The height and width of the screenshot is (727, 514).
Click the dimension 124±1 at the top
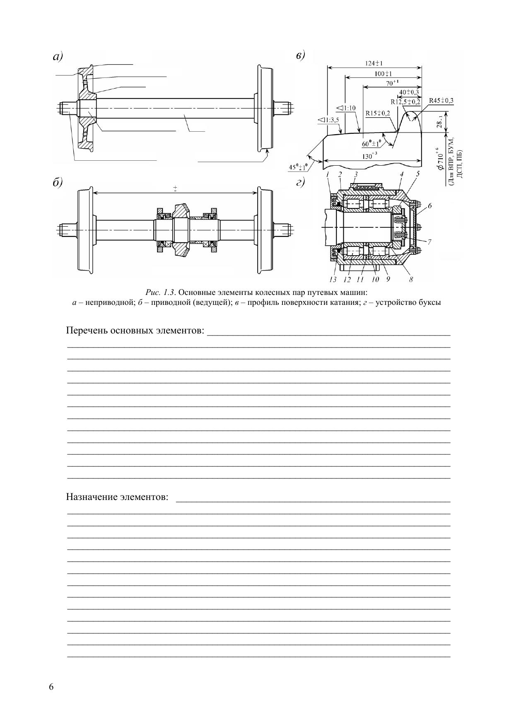(x=374, y=63)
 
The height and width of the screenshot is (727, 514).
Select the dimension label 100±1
(x=383, y=74)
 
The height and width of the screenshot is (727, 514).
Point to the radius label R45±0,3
(x=441, y=101)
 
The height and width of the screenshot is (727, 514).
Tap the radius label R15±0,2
(x=378, y=113)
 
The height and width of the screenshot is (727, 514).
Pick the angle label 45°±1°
(x=298, y=167)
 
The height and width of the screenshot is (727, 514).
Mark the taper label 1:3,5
(x=328, y=120)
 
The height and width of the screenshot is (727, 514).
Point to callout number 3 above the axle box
(x=356, y=174)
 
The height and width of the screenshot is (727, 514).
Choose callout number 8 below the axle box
(x=410, y=280)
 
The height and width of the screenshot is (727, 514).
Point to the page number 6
(x=51, y=687)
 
